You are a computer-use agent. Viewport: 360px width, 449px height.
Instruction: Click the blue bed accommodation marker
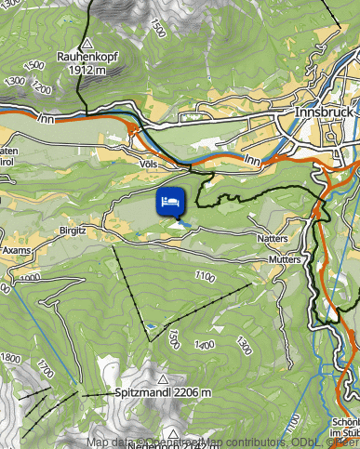click(171, 202)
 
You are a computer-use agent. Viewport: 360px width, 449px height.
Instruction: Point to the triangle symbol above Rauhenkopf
click(87, 43)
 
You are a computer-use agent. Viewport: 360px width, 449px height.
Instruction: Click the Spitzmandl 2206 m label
click(164, 393)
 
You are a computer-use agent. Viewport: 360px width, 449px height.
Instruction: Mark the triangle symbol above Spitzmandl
click(164, 379)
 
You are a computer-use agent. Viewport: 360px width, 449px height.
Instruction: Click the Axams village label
click(18, 252)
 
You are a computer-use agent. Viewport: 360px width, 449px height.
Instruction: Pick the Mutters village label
click(284, 258)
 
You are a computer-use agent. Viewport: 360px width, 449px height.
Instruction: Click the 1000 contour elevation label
click(30, 277)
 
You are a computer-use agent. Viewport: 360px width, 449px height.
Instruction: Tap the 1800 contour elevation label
click(10, 358)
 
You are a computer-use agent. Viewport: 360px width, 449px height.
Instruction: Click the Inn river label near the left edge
click(43, 118)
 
